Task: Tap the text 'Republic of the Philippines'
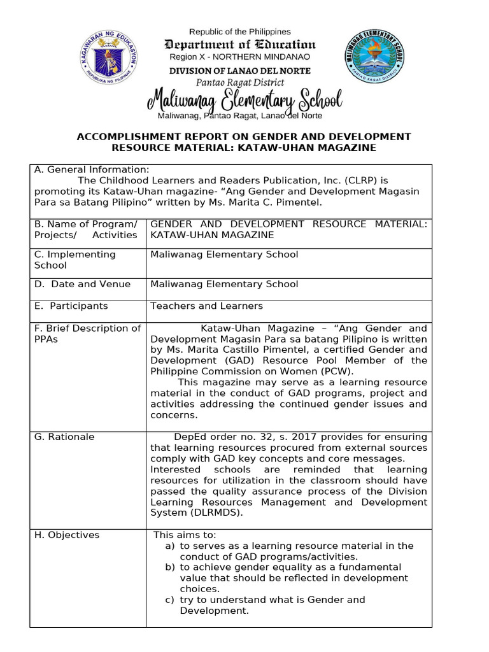pos(241,31)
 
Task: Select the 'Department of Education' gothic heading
pos(240,45)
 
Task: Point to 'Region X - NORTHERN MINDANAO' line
pos(240,57)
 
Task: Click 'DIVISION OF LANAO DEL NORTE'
pos(240,71)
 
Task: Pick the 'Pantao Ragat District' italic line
pos(240,83)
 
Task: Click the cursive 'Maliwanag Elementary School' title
pos(244,101)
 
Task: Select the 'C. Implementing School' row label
pos(75,260)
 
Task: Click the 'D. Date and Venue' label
pos(82,284)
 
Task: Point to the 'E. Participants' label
pos(71,306)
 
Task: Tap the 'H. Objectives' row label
pos(67,535)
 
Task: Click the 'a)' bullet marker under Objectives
pos(169,546)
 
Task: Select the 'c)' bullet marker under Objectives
pos(169,600)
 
